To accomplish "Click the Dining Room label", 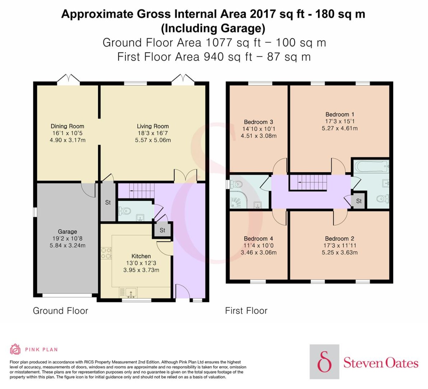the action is pyautogui.click(x=67, y=126).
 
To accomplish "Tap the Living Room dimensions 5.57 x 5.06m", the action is pyautogui.click(x=153, y=140).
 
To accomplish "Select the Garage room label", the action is pyautogui.click(x=68, y=231).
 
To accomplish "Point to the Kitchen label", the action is pyautogui.click(x=141, y=256).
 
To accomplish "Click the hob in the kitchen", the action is pyautogui.click(x=106, y=253).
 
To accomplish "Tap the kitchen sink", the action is pyautogui.click(x=131, y=293).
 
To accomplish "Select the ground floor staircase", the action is pyautogui.click(x=142, y=191).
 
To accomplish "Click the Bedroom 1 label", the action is pyautogui.click(x=340, y=115).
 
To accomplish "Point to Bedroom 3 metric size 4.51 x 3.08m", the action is pyautogui.click(x=259, y=136).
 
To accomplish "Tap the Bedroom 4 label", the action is pyautogui.click(x=258, y=238).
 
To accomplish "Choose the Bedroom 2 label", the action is pyautogui.click(x=340, y=238).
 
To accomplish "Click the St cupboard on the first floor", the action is pyautogui.click(x=359, y=201).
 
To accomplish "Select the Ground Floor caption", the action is pyautogui.click(x=61, y=311).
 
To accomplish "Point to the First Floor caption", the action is pyautogui.click(x=246, y=311).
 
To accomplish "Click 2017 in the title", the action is pyautogui.click(x=263, y=14).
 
